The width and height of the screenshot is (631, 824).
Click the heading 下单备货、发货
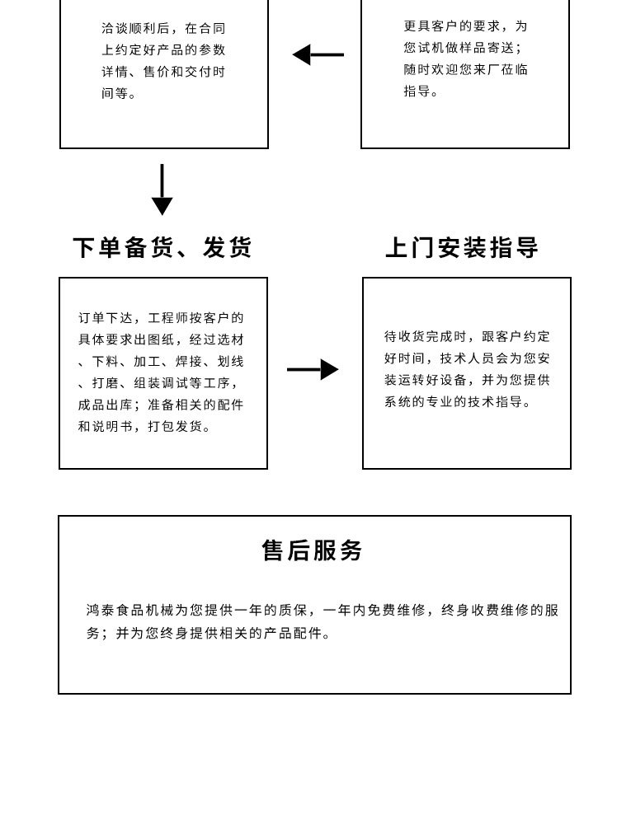[162, 248]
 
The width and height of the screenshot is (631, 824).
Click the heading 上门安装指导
[462, 248]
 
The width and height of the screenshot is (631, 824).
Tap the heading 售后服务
[313, 550]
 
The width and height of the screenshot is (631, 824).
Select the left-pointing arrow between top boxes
[318, 55]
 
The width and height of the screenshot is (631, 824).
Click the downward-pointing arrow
[162, 191]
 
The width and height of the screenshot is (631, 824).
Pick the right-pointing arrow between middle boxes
[313, 369]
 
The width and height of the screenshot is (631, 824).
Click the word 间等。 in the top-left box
[119, 94]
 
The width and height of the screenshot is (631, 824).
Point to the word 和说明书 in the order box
[106, 427]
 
